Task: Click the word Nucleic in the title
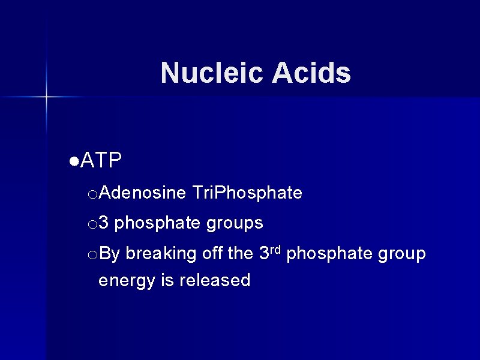pos(212,73)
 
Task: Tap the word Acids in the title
pos(311,73)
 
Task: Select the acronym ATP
pos(101,160)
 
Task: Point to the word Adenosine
pos(143,193)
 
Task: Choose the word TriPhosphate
pos(248,193)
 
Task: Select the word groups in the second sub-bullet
pos(235,223)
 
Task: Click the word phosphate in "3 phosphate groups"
pos(158,223)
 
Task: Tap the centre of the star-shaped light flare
pos(46,96)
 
